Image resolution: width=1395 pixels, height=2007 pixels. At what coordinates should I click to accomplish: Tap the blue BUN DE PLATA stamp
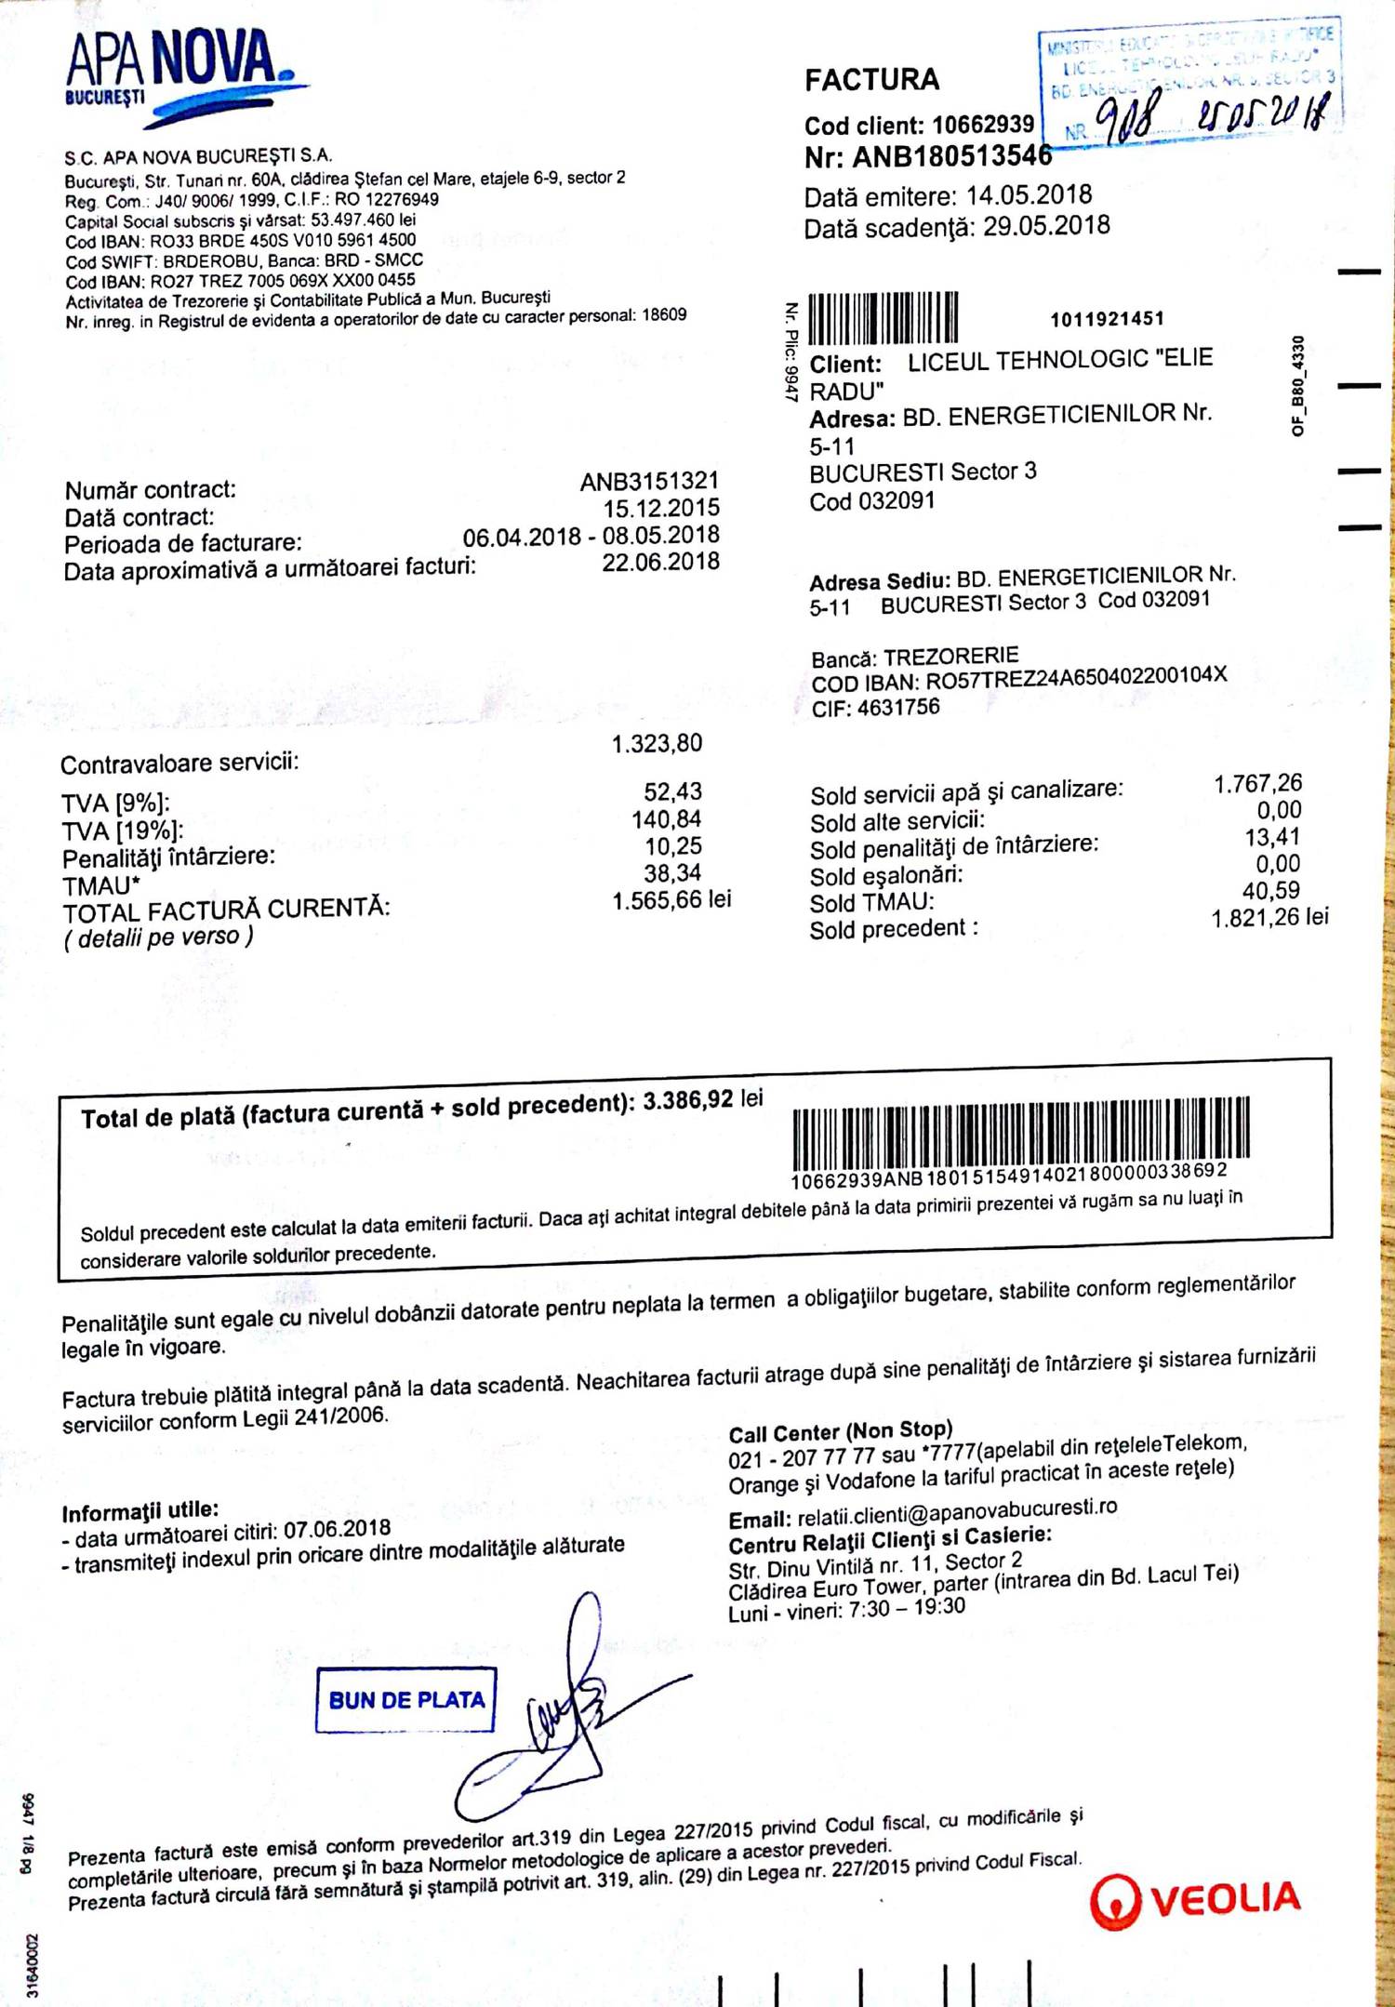point(405,1699)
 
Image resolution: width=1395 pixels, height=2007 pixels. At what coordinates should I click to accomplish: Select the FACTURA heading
point(871,80)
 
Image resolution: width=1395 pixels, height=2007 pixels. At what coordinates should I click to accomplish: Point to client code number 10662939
point(983,125)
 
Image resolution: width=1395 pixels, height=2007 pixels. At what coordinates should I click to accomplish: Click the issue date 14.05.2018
point(1029,195)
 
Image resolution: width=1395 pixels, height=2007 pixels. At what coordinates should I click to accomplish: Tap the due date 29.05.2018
point(1046,226)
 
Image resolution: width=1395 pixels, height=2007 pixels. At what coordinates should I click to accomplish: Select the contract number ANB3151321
point(649,481)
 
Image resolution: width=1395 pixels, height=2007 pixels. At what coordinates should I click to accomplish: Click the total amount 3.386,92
point(688,1100)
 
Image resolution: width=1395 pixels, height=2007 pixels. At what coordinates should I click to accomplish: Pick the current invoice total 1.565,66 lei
point(671,900)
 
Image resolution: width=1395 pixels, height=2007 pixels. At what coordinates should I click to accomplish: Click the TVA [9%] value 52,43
point(672,791)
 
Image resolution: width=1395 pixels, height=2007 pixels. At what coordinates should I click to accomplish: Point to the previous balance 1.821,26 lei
point(1269,919)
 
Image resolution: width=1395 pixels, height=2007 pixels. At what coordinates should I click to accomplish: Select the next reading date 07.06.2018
point(337,1530)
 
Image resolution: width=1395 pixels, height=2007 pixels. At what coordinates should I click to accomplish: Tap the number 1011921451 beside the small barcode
point(1107,320)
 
